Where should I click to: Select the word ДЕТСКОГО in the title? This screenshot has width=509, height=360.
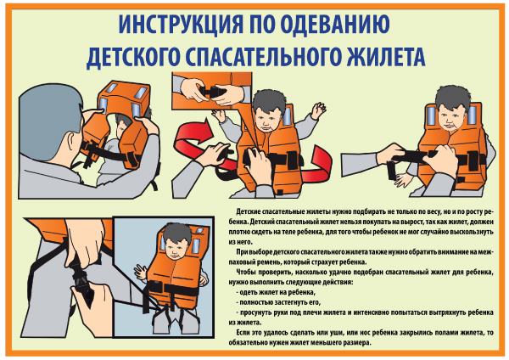[133, 58]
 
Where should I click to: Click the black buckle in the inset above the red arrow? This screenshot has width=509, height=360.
[213, 91]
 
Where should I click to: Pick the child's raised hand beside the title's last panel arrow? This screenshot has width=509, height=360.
[318, 110]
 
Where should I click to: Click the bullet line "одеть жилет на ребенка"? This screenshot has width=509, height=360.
[277, 292]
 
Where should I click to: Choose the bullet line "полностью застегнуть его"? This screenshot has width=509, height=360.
[279, 302]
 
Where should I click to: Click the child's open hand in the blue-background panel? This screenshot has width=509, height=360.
[140, 273]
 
